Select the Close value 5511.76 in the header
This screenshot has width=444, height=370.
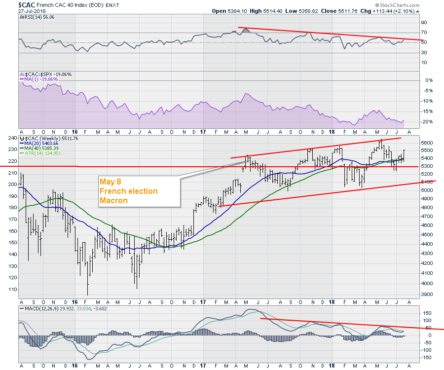324,11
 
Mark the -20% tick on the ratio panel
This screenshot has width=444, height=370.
428,122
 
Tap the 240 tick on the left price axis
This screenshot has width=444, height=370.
12,139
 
